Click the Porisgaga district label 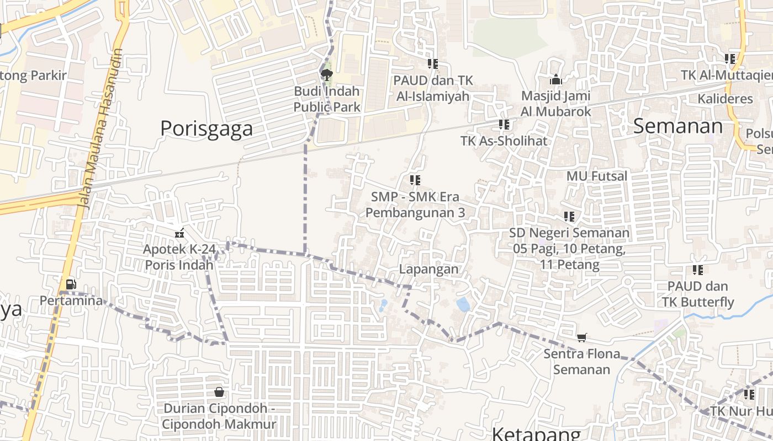207,128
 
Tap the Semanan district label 677,126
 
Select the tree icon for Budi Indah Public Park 327,74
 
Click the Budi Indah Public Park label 327,99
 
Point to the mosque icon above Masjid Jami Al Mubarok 556,80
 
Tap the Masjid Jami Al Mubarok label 556,104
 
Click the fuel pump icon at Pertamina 71,284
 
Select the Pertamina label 71,301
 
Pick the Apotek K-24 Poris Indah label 179,257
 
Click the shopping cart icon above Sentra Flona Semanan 581,337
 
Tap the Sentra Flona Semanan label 582,362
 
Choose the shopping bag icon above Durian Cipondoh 219,392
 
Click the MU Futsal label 597,176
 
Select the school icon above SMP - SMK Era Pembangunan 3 415,180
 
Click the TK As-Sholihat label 504,141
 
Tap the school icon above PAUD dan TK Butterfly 698,270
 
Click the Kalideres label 725,99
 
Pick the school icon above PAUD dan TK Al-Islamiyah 433,64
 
